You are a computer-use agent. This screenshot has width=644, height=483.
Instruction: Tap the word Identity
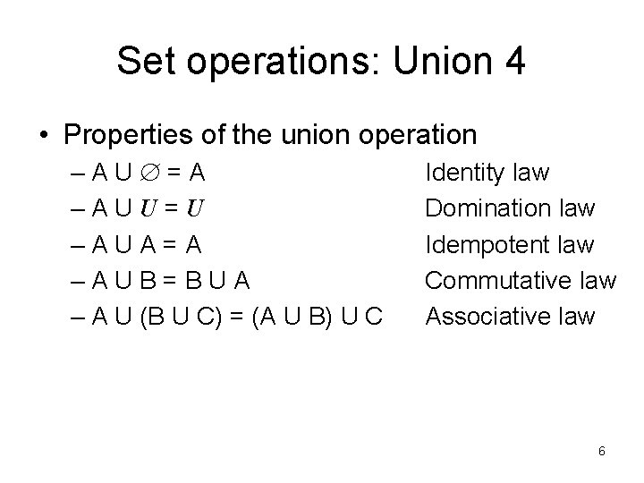(462, 172)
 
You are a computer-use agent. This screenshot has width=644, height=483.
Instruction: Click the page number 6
(602, 451)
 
